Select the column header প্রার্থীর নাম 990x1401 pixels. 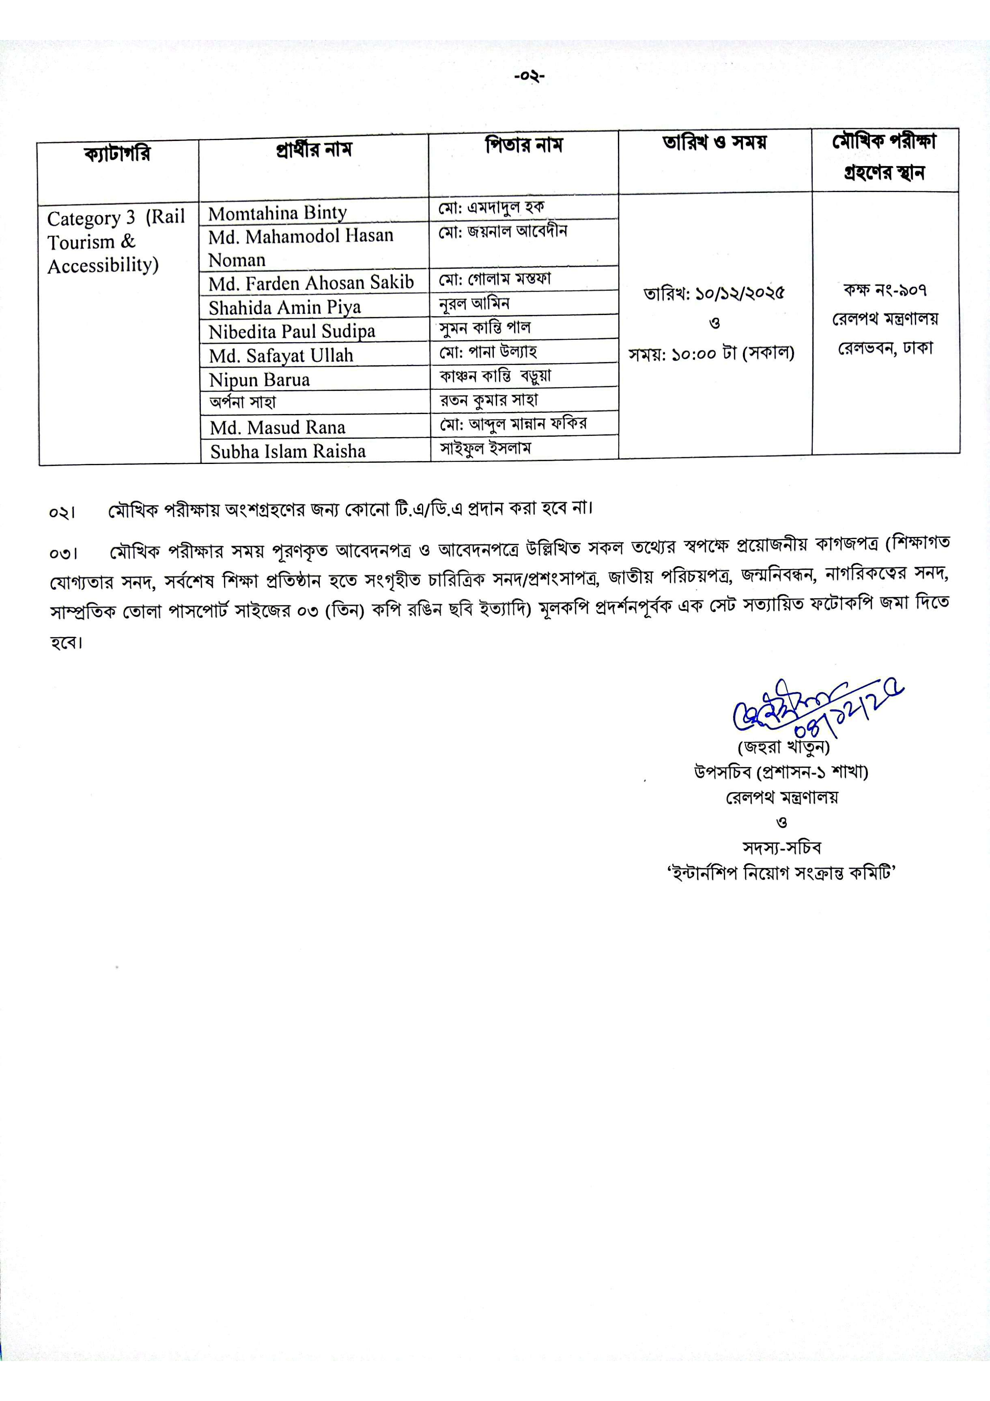(x=313, y=149)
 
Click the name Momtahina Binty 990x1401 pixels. (x=277, y=213)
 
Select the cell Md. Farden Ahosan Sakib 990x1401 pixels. (x=311, y=283)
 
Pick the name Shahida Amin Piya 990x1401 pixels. (x=285, y=307)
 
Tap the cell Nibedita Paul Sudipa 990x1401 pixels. (x=291, y=331)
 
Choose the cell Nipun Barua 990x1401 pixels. (x=259, y=380)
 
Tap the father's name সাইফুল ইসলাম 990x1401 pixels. (x=485, y=448)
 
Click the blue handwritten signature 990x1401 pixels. (x=811, y=711)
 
